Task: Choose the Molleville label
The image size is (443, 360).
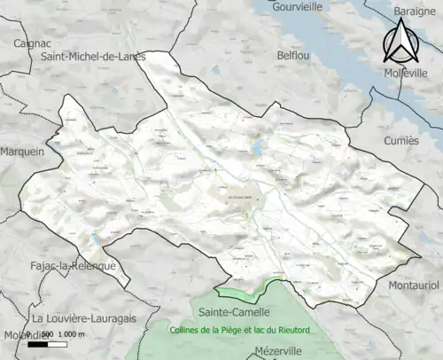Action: coord(407,73)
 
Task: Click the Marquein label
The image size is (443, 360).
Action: coord(22,152)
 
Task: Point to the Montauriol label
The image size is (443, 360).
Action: coord(413,286)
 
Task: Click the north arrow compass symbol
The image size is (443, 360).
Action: coord(400,40)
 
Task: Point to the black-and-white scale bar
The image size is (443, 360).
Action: coord(50,344)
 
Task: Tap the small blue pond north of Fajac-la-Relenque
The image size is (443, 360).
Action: coord(93,239)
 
